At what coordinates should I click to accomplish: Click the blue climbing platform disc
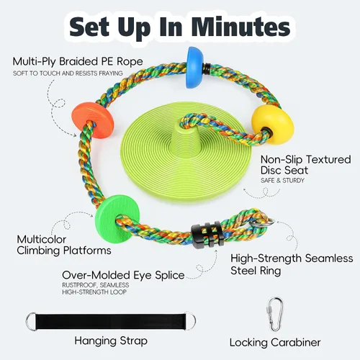(x=196, y=68)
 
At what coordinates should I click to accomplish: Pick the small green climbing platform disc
(x=117, y=219)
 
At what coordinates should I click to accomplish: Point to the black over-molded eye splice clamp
(x=208, y=235)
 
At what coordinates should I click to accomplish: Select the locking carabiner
(x=274, y=314)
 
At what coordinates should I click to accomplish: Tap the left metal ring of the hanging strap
(x=31, y=322)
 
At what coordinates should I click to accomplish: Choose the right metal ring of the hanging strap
(x=190, y=321)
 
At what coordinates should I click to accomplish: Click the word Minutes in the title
(x=240, y=27)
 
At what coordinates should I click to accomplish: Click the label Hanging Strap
(x=111, y=341)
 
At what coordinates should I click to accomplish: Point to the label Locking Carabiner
(x=275, y=343)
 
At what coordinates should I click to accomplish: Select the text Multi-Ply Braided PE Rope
(x=78, y=62)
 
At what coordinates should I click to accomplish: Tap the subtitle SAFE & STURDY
(x=282, y=180)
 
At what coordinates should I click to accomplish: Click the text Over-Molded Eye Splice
(x=123, y=276)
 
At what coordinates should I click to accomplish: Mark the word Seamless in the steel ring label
(x=329, y=258)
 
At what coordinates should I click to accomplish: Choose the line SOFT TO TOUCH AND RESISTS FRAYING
(x=68, y=73)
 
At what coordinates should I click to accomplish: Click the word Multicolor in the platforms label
(x=42, y=240)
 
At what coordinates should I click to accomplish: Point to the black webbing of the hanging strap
(x=111, y=322)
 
